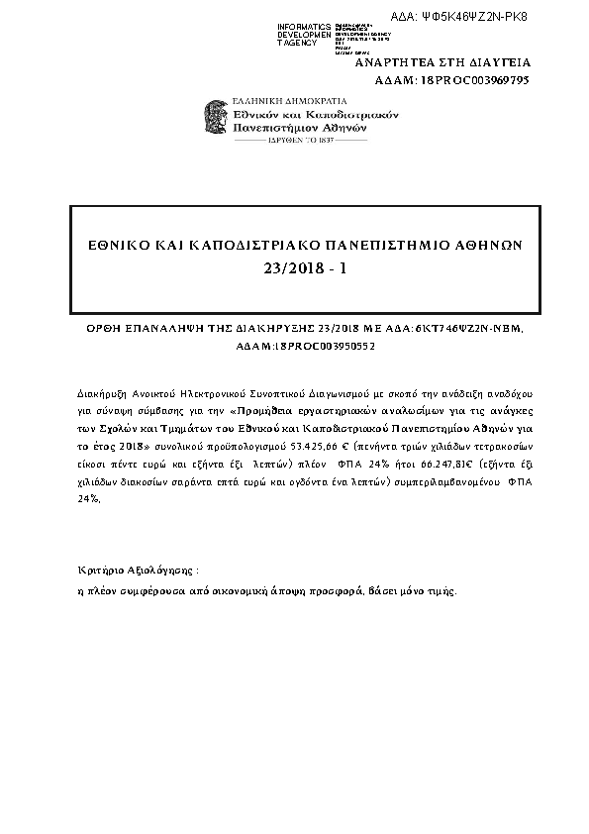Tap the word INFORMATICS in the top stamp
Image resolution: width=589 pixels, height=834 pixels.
(x=305, y=25)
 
